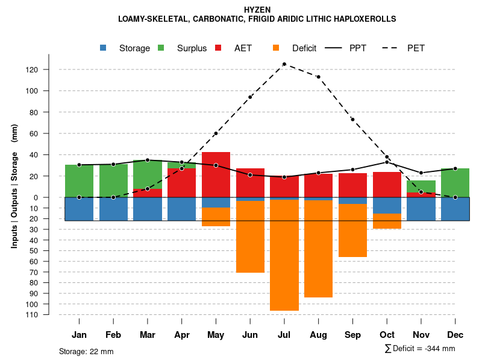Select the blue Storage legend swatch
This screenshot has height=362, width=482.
click(104, 48)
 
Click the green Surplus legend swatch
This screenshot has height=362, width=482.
click(161, 48)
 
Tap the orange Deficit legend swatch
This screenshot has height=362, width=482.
click(276, 48)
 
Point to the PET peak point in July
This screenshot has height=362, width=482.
click(284, 64)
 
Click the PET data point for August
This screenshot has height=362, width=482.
click(318, 77)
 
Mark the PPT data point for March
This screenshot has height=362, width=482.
click(148, 160)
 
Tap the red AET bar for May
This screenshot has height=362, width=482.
click(216, 174)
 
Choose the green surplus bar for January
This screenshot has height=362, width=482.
click(79, 181)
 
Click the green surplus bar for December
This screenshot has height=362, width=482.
click(455, 183)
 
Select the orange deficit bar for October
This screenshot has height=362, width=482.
click(387, 221)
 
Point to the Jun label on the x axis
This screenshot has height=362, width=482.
click(250, 335)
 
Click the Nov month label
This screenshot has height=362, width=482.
click(421, 335)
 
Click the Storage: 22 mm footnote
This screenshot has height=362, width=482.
click(86, 351)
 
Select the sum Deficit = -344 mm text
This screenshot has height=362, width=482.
click(419, 349)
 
